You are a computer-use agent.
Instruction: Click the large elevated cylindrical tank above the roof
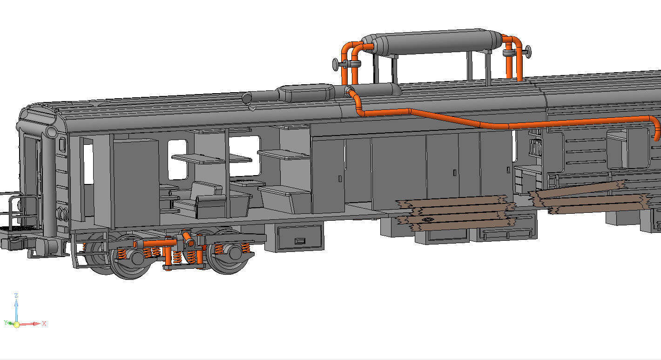438,43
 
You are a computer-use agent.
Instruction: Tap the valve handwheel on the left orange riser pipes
336,64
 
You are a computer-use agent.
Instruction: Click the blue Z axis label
16,295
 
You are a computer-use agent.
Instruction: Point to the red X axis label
44,323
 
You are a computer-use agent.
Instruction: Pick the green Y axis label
6,322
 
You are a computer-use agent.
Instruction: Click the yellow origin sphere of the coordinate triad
16,324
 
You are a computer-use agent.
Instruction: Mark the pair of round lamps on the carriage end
61,214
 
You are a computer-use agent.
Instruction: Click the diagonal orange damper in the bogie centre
188,239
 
